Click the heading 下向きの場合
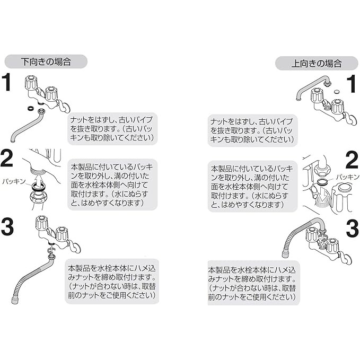(46, 62)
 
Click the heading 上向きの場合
(317, 64)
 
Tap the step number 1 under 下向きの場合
(6, 82)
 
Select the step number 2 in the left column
(6, 158)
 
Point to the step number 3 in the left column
(7, 226)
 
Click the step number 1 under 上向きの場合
(352, 84)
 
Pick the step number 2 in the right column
(352, 160)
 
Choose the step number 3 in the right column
(353, 229)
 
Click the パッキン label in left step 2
(14, 181)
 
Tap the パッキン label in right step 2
(348, 177)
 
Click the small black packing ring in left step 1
(30, 108)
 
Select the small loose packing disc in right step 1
(336, 92)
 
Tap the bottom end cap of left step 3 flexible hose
(14, 301)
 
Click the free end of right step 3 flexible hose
(285, 254)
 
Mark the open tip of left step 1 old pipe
(13, 140)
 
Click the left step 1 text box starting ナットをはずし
(112, 129)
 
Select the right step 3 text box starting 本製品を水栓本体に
(254, 283)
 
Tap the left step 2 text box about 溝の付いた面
(112, 185)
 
